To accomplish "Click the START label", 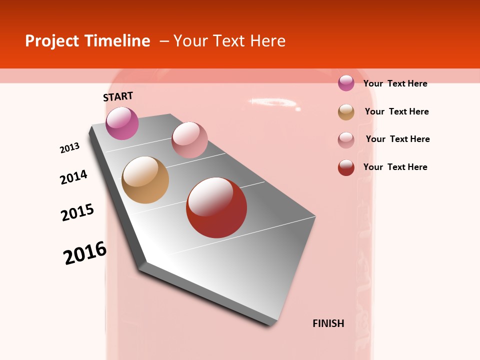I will pos(118,96).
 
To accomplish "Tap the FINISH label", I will pos(328,323).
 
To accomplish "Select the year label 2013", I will pos(70,148).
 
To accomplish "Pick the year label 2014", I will pos(74,177).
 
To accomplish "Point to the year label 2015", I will pos(77,212).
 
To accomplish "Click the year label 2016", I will pos(85,253).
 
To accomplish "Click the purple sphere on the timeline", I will pos(122,123).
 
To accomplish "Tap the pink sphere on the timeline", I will pos(189,140).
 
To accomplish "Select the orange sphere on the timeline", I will pos(145,180).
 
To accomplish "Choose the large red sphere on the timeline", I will pos(216,207).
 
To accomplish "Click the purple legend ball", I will pos(346,83).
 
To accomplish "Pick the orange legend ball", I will pos(346,112).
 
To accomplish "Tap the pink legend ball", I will pos(346,140).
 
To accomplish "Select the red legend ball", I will pos(346,167).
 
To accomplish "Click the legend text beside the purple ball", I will pos(395,83).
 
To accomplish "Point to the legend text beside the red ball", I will pos(395,167).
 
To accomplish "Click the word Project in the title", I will pos(52,41).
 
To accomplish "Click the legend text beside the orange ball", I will pos(396,111).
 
